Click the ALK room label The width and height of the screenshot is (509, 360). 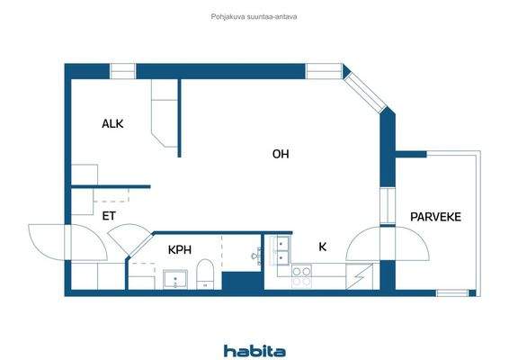click(112, 124)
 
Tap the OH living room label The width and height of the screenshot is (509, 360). click(281, 154)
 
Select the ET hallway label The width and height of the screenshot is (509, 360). click(109, 216)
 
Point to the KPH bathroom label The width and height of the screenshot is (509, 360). click(181, 249)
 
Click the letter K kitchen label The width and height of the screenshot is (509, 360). click(322, 246)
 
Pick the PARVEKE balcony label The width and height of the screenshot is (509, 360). click(436, 217)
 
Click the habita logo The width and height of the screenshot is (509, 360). click(254, 350)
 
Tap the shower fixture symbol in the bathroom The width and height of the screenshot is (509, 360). click(254, 255)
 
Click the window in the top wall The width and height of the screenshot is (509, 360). click(324, 70)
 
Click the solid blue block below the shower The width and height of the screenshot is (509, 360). click(240, 280)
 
